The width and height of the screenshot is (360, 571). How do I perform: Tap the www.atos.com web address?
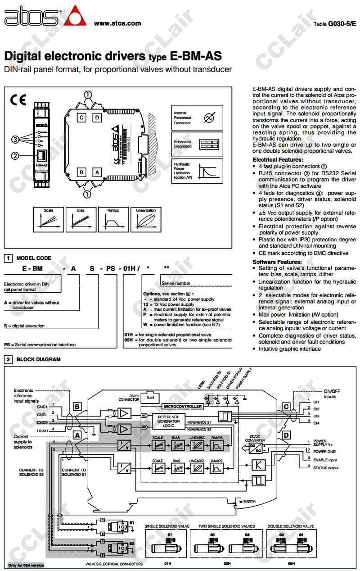click(x=117, y=23)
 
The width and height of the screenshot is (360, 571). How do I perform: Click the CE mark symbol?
click(x=18, y=100)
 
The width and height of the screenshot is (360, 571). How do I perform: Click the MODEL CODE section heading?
click(x=34, y=258)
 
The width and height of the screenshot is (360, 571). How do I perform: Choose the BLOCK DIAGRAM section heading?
click(x=38, y=359)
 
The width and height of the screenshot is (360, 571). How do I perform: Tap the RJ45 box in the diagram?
click(x=150, y=398)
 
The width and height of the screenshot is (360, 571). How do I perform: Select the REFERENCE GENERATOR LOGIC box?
click(x=169, y=421)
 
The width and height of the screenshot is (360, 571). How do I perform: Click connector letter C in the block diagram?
click(x=286, y=406)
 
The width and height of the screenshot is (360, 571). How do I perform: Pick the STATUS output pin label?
click(x=326, y=468)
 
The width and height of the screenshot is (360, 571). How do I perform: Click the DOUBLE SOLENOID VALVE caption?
click(x=290, y=526)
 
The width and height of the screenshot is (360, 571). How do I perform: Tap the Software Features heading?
click(x=277, y=262)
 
